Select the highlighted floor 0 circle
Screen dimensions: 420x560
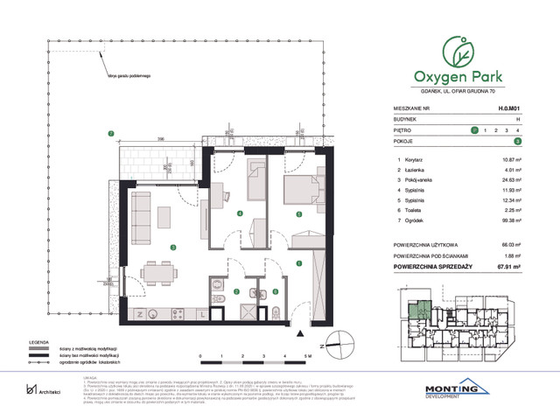474,129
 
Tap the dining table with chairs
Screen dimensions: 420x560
157,274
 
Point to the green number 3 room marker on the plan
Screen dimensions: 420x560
174,247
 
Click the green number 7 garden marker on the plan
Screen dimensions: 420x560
111,133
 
